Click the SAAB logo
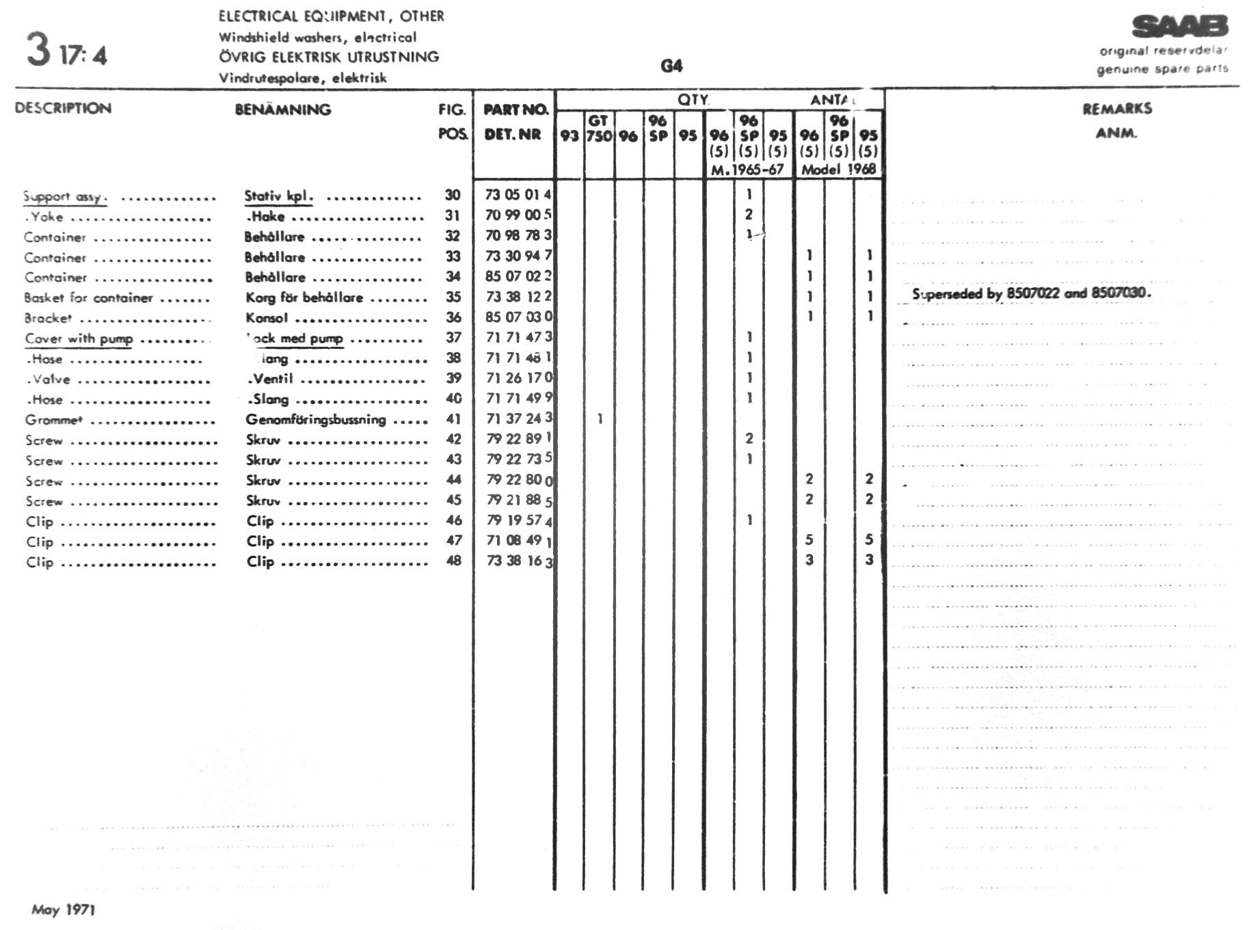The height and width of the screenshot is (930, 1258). [x=1180, y=27]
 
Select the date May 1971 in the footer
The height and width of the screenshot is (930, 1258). [x=63, y=909]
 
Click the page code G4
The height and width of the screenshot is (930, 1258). [x=671, y=66]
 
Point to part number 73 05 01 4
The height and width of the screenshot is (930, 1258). [x=518, y=195]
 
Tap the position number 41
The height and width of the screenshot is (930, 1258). [x=453, y=418]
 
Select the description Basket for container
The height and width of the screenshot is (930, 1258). [x=88, y=297]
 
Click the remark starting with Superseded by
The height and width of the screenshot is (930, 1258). [x=1031, y=293]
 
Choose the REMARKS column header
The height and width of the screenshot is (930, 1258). [x=1116, y=109]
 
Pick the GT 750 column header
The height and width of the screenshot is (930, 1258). [x=599, y=129]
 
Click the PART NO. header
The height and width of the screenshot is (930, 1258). [x=516, y=109]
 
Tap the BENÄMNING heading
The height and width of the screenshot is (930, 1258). [x=283, y=109]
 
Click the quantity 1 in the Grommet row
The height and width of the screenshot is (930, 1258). [x=600, y=418]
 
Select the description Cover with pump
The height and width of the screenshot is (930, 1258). [x=79, y=338]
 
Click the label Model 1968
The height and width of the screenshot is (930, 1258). [x=838, y=169]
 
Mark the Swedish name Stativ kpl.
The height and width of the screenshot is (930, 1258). [x=278, y=196]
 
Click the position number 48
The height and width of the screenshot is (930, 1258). [x=453, y=561]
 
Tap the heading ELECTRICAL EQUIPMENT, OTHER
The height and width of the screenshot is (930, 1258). [x=331, y=16]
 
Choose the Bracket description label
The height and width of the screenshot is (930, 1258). [x=48, y=318]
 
